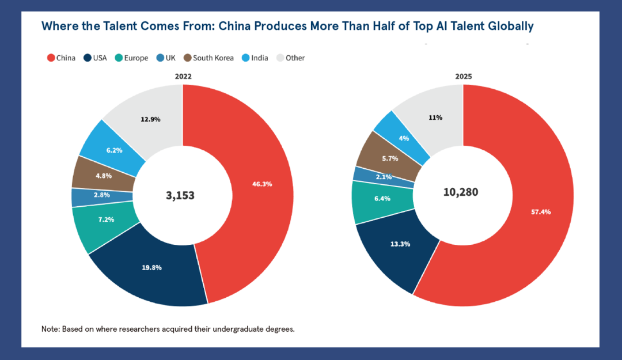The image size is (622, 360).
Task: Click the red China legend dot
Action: pos(51,58)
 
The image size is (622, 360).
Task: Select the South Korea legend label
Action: pos(213,58)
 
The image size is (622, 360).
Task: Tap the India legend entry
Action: pos(255,58)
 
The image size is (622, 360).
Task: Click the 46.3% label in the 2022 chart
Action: pos(262,184)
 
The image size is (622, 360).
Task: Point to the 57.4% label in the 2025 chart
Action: pos(541,212)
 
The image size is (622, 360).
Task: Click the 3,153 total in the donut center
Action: pos(180,196)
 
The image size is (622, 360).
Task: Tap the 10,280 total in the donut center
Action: pos(461,192)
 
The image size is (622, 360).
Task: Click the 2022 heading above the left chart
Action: pos(183,76)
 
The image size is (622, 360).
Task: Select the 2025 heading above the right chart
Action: pos(463,76)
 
